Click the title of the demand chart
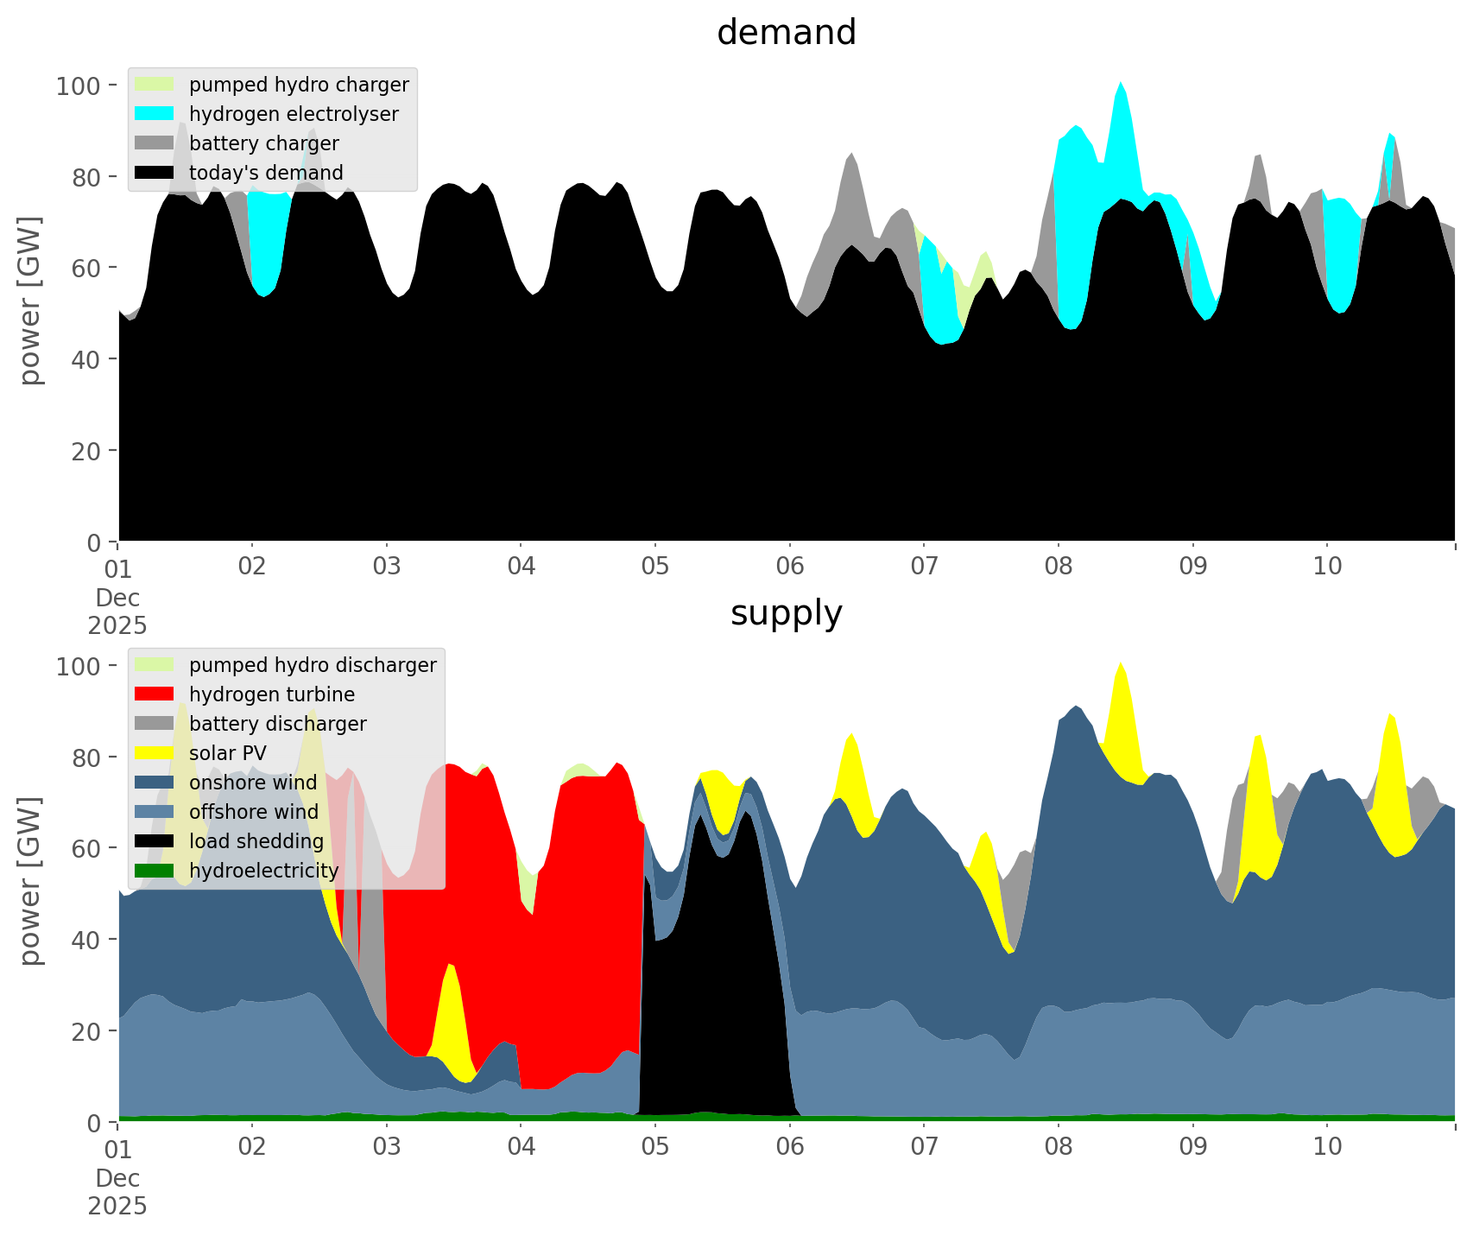pos(786,33)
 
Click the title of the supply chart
pos(786,613)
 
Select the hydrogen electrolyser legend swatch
pos(155,114)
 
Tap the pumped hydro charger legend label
pos(299,85)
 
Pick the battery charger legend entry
pos(263,143)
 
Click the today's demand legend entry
pos(266,173)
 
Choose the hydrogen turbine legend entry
pos(271,694)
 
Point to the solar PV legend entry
pos(228,753)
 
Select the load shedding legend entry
pos(256,841)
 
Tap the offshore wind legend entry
pos(253,812)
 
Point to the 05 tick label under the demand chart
pos(655,567)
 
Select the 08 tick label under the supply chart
pos(1058,1147)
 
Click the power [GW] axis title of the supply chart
pos(30,881)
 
